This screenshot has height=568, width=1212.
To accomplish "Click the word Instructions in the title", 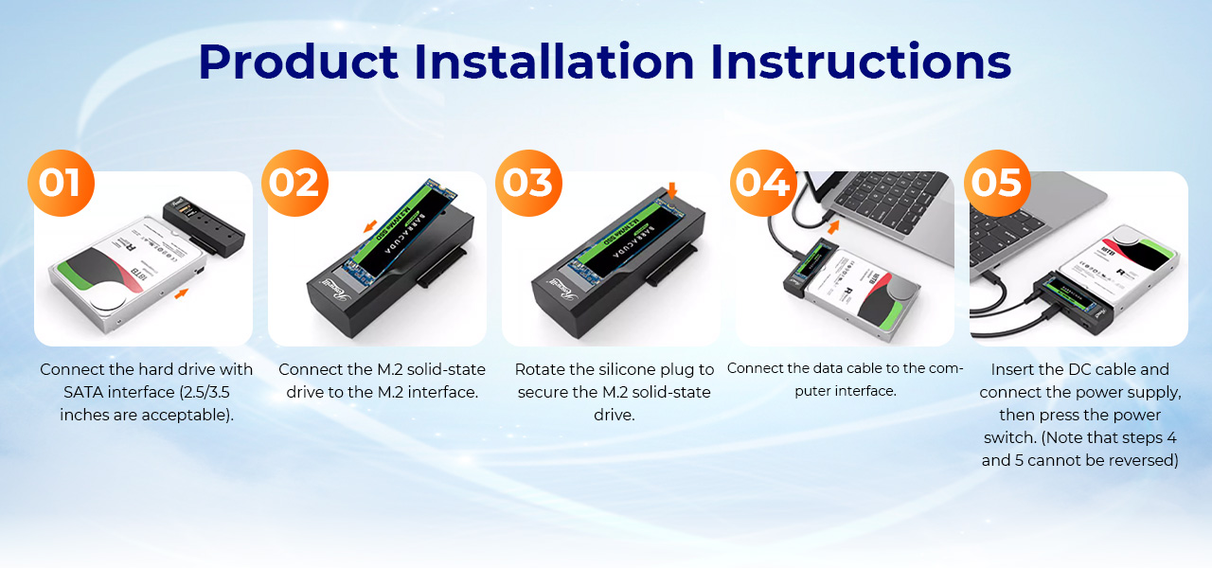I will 861,62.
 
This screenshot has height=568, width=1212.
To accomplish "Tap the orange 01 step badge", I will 61,183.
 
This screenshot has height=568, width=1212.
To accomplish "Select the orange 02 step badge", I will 294,183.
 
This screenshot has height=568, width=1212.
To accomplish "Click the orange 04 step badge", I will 762,183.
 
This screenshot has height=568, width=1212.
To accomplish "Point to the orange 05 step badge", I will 996,183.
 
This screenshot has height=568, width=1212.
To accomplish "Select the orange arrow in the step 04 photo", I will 833,226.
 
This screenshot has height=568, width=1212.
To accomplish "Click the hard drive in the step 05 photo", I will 1127,270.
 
